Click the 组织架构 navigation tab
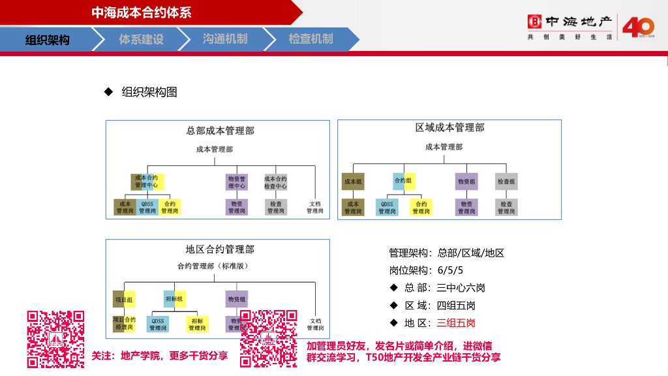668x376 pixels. pos(47,40)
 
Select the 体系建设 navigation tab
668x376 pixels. pos(141,39)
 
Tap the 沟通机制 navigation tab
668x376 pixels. pos(225,39)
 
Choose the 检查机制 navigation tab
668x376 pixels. pos(311,39)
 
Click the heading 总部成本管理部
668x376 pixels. pos(220,131)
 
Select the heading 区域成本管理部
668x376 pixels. pos(449,127)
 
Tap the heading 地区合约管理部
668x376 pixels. pos(220,249)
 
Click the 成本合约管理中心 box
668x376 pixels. pos(147,181)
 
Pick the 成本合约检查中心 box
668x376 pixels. pos(275,181)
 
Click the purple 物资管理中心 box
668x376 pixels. pos(236,181)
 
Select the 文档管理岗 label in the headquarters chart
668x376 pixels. pos(315,207)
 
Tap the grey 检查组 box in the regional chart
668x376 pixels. pos(506,181)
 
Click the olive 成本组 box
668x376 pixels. pos(353,181)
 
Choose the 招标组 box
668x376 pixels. pos(175,299)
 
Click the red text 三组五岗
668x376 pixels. pos(456,322)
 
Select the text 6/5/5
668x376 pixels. pos(450,270)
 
